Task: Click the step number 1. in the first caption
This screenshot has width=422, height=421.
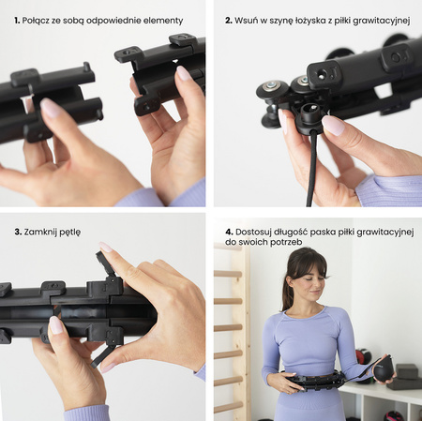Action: (17, 21)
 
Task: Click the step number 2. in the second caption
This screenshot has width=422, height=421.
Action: (229, 21)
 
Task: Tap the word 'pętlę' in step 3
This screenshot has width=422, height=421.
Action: (70, 233)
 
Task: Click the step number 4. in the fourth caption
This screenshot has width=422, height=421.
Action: (229, 232)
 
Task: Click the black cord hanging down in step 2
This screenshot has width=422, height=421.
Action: (311, 169)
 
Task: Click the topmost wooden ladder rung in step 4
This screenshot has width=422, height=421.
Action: (228, 274)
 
